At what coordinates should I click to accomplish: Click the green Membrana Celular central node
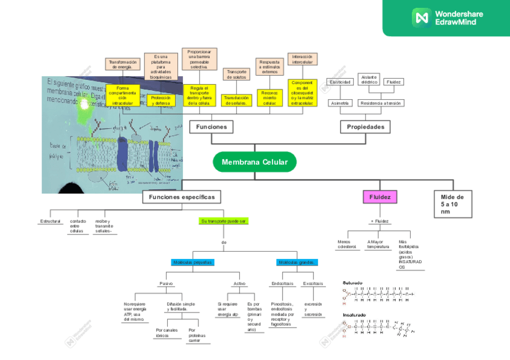tap(254, 162)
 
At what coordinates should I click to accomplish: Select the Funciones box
tap(211, 127)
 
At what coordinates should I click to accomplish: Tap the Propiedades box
tap(365, 127)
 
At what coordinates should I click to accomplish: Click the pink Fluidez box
tap(379, 197)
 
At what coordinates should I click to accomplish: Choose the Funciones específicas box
tap(181, 197)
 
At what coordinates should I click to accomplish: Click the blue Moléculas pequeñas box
tap(192, 262)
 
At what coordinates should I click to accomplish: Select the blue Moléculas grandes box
tap(297, 262)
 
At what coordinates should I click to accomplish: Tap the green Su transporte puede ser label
tap(224, 221)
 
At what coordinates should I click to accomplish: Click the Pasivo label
tap(166, 284)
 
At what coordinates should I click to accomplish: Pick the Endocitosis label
tap(282, 284)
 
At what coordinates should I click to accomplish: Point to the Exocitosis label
tap(313, 284)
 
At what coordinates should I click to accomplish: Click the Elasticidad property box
tap(340, 82)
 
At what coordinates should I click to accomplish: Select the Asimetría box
tap(340, 103)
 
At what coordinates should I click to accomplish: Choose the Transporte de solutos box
tap(236, 74)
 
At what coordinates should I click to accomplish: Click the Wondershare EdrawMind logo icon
tap(419, 17)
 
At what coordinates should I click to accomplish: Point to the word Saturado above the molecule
tap(352, 282)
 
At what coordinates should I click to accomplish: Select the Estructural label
tap(50, 221)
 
